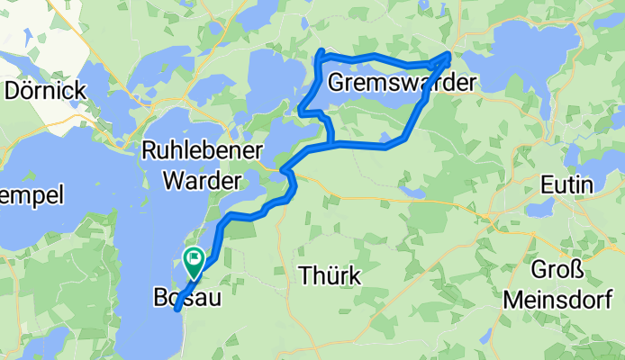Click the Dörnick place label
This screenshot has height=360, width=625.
(x=44, y=91)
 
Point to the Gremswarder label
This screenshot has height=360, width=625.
(x=401, y=83)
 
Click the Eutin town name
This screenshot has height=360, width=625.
(x=567, y=184)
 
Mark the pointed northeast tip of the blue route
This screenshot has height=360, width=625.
(x=450, y=54)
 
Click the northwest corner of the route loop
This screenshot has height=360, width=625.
(x=322, y=51)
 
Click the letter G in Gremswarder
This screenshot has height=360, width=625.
(x=336, y=83)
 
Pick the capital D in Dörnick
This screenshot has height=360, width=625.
(x=13, y=91)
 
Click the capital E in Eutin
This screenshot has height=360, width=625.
(x=548, y=184)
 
